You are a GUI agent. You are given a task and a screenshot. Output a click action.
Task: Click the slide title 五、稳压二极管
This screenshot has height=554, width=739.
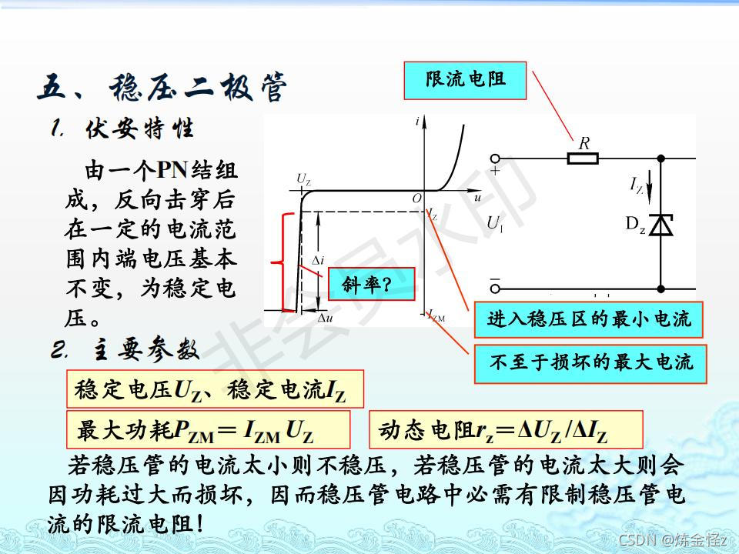(161, 87)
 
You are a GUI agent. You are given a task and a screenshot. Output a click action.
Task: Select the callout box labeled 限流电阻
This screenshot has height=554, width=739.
(465, 80)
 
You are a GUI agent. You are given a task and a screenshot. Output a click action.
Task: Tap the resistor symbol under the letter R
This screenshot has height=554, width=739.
(583, 159)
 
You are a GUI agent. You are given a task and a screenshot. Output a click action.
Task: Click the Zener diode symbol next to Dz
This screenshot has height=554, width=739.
(660, 225)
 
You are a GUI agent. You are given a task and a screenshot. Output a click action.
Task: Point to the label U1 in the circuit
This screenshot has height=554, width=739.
(495, 224)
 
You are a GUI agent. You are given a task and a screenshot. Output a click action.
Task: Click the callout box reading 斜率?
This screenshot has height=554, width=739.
(371, 285)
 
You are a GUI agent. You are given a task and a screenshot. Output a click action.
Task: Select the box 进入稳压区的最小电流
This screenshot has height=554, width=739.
(588, 319)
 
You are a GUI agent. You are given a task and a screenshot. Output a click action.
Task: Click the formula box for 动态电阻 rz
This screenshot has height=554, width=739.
(506, 430)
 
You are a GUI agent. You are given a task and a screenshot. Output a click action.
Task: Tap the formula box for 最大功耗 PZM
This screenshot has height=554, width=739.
(208, 430)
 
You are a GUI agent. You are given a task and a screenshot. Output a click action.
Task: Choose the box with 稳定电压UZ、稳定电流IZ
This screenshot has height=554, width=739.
(215, 390)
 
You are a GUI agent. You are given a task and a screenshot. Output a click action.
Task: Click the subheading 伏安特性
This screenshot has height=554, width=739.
(138, 128)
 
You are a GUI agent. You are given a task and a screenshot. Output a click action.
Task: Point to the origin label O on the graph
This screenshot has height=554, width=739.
(416, 199)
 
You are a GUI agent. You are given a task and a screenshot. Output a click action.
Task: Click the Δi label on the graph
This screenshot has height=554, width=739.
(316, 262)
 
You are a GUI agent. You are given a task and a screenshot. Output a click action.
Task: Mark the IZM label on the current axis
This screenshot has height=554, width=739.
(436, 316)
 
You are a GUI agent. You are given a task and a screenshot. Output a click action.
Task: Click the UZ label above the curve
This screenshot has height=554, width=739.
(303, 179)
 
